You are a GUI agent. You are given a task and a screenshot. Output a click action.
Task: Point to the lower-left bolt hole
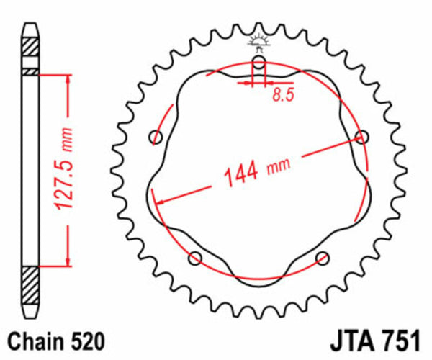pyautogui.click(x=194, y=258)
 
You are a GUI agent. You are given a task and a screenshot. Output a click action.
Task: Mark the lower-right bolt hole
pyautogui.click(x=322, y=258)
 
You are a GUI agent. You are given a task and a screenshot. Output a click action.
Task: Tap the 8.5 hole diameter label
pyautogui.click(x=282, y=95)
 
